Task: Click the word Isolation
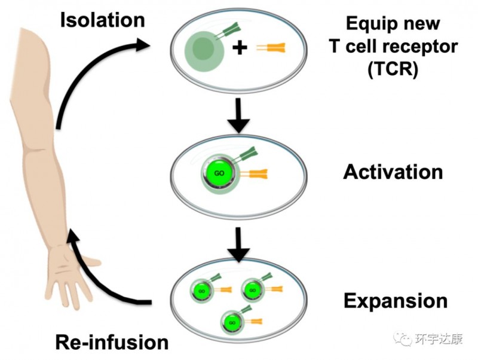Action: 102,20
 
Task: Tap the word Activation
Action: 393,172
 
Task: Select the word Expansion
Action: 395,300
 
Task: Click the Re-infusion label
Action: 112,342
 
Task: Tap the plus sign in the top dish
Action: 240,48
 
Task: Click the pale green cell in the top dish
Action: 204,50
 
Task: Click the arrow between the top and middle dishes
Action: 239,115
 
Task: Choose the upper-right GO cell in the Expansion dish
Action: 252,291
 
